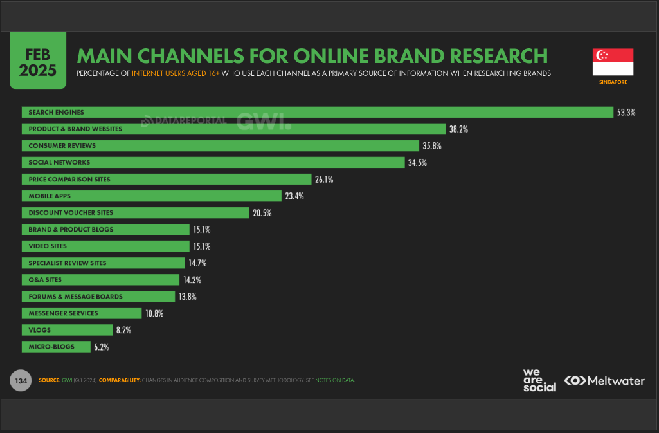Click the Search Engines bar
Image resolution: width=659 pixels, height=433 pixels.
(318, 113)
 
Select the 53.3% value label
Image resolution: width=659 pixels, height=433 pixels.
(626, 113)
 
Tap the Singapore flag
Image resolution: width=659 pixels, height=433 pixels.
(613, 62)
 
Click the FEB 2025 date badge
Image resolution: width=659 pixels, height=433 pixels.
(37, 62)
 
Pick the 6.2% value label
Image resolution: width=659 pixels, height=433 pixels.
(101, 347)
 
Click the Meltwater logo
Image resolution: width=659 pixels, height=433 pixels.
(604, 381)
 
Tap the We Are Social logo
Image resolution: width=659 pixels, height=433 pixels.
(539, 380)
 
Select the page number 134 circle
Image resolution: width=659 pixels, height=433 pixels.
(21, 381)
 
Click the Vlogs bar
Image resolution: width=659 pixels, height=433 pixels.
(67, 330)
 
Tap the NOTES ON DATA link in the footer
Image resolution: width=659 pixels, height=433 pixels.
(334, 380)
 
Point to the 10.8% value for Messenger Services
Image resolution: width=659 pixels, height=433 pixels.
(154, 313)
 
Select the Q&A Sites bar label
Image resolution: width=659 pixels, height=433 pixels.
(45, 280)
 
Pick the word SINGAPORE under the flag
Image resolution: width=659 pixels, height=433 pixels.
(613, 82)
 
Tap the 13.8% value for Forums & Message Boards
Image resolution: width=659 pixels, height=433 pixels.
(188, 297)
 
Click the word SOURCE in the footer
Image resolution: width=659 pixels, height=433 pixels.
(50, 380)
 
